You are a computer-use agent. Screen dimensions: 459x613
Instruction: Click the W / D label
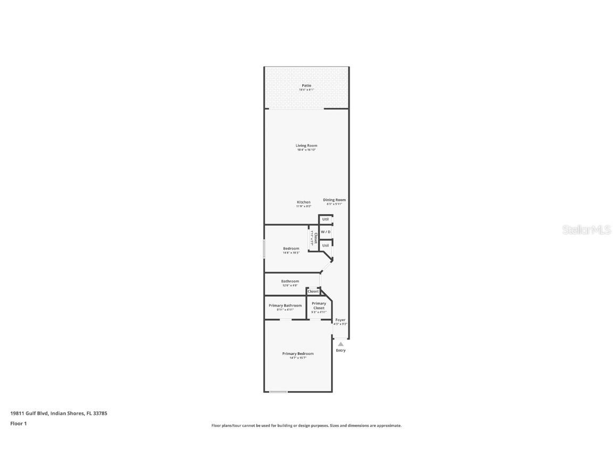pyautogui.click(x=326, y=232)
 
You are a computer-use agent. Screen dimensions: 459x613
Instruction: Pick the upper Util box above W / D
pyautogui.click(x=326, y=219)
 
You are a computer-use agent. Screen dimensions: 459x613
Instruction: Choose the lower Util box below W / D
pyautogui.click(x=326, y=245)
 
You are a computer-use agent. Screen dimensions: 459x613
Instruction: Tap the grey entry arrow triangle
pyautogui.click(x=341, y=344)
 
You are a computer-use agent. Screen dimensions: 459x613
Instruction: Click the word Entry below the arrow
pyautogui.click(x=341, y=351)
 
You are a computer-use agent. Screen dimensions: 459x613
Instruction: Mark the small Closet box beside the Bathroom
pyautogui.click(x=313, y=291)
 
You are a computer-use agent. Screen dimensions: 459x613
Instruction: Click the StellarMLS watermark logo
pyautogui.click(x=586, y=230)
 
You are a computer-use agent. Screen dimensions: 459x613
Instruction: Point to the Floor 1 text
pyautogui.click(x=18, y=423)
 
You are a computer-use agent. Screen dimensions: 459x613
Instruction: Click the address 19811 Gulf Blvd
pyautogui.click(x=59, y=413)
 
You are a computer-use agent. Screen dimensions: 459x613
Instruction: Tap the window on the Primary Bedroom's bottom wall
pyautogui.click(x=278, y=392)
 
